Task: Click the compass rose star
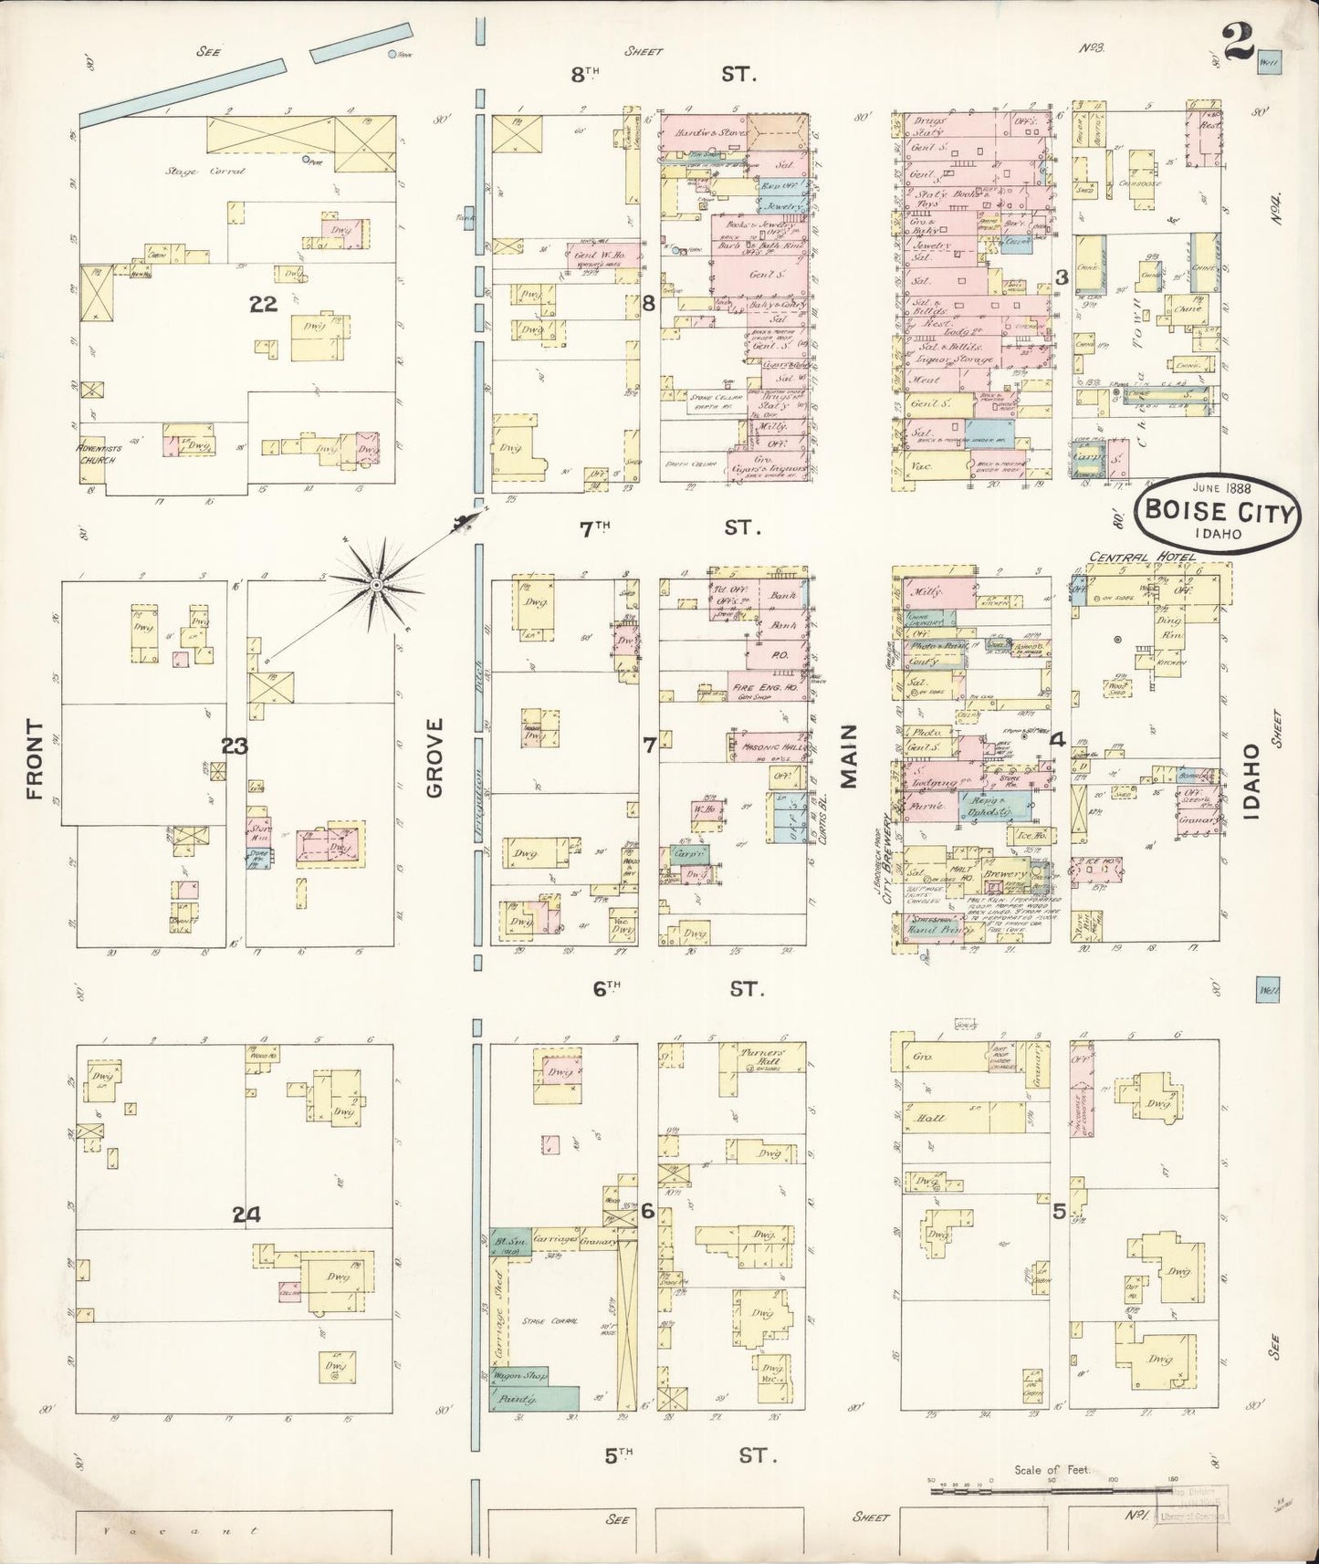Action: pyautogui.click(x=376, y=584)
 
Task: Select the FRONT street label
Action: pyautogui.click(x=35, y=759)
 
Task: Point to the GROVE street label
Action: pyautogui.click(x=434, y=756)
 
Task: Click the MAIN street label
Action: pyautogui.click(x=850, y=756)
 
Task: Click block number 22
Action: pyautogui.click(x=264, y=305)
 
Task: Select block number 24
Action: pyautogui.click(x=246, y=1215)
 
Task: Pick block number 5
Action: pyautogui.click(x=1059, y=1212)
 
